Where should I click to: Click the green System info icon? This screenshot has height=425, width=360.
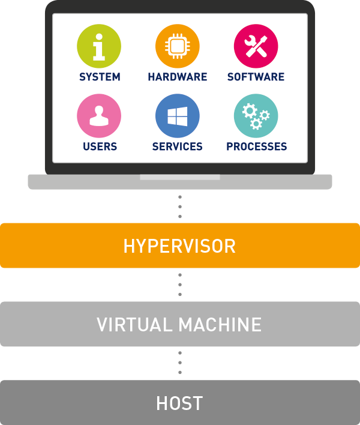[99, 46]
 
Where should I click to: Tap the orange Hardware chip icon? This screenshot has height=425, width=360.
[178, 46]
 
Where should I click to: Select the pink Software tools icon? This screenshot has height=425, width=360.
[256, 46]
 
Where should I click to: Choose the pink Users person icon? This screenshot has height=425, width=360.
[99, 116]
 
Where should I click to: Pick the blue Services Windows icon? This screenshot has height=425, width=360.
[178, 116]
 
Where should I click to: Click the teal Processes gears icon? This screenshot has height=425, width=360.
[256, 116]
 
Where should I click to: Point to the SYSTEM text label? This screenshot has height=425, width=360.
[100, 77]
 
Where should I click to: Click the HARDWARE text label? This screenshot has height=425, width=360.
[178, 77]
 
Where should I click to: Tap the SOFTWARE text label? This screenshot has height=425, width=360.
[256, 77]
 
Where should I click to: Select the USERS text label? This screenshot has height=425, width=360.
[100, 146]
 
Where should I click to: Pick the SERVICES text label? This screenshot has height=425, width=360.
[178, 146]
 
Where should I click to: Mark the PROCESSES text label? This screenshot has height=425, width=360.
[256, 146]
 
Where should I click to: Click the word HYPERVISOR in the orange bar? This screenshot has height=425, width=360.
[179, 246]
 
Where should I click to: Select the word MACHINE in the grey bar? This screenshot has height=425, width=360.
[221, 325]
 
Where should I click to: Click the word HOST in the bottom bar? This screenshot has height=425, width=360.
[179, 403]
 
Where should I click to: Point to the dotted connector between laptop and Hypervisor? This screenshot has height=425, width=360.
[180, 206]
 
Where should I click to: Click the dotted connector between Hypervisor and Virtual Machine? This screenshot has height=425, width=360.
[180, 285]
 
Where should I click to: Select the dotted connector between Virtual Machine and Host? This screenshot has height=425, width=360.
[180, 363]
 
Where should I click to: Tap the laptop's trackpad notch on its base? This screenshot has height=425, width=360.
[180, 177]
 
